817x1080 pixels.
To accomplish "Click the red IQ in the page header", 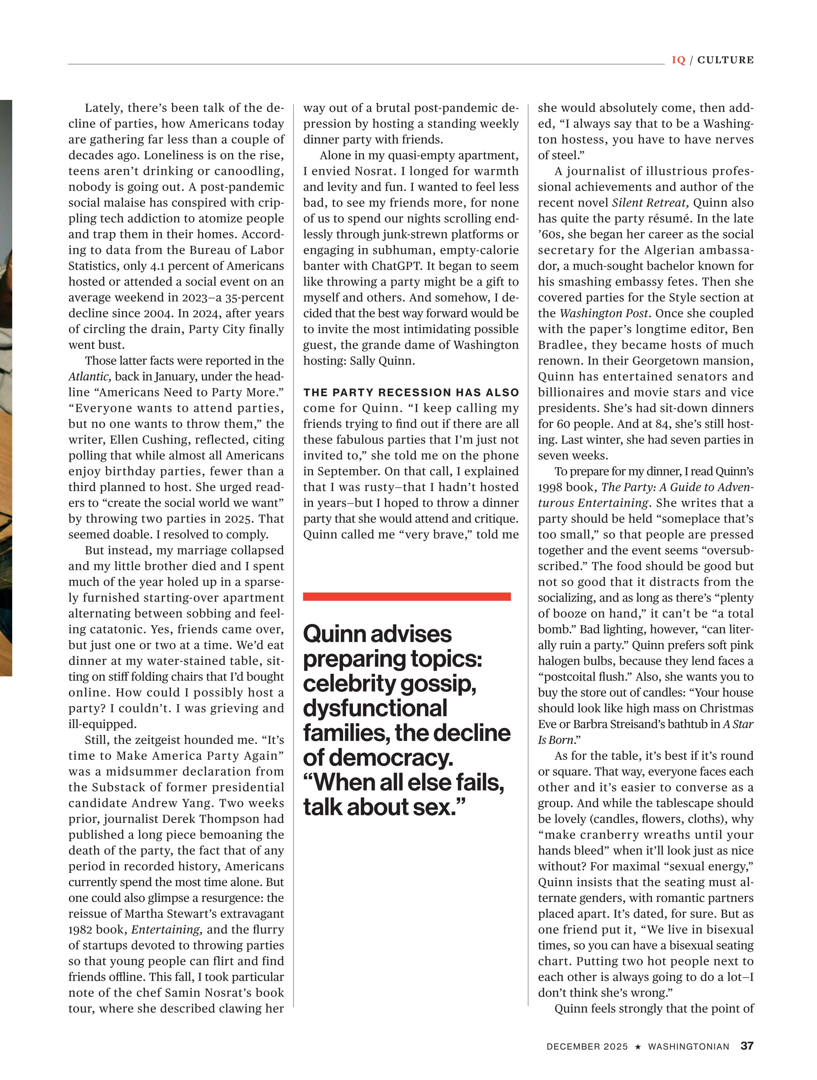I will tap(678, 60).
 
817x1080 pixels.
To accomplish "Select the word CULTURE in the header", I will tap(725, 60).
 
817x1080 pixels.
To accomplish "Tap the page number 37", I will tap(747, 1045).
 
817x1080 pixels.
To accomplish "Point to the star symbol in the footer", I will tap(638, 1046).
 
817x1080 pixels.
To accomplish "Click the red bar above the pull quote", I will tap(407, 596).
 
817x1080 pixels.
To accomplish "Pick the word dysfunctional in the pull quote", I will tap(375, 708).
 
